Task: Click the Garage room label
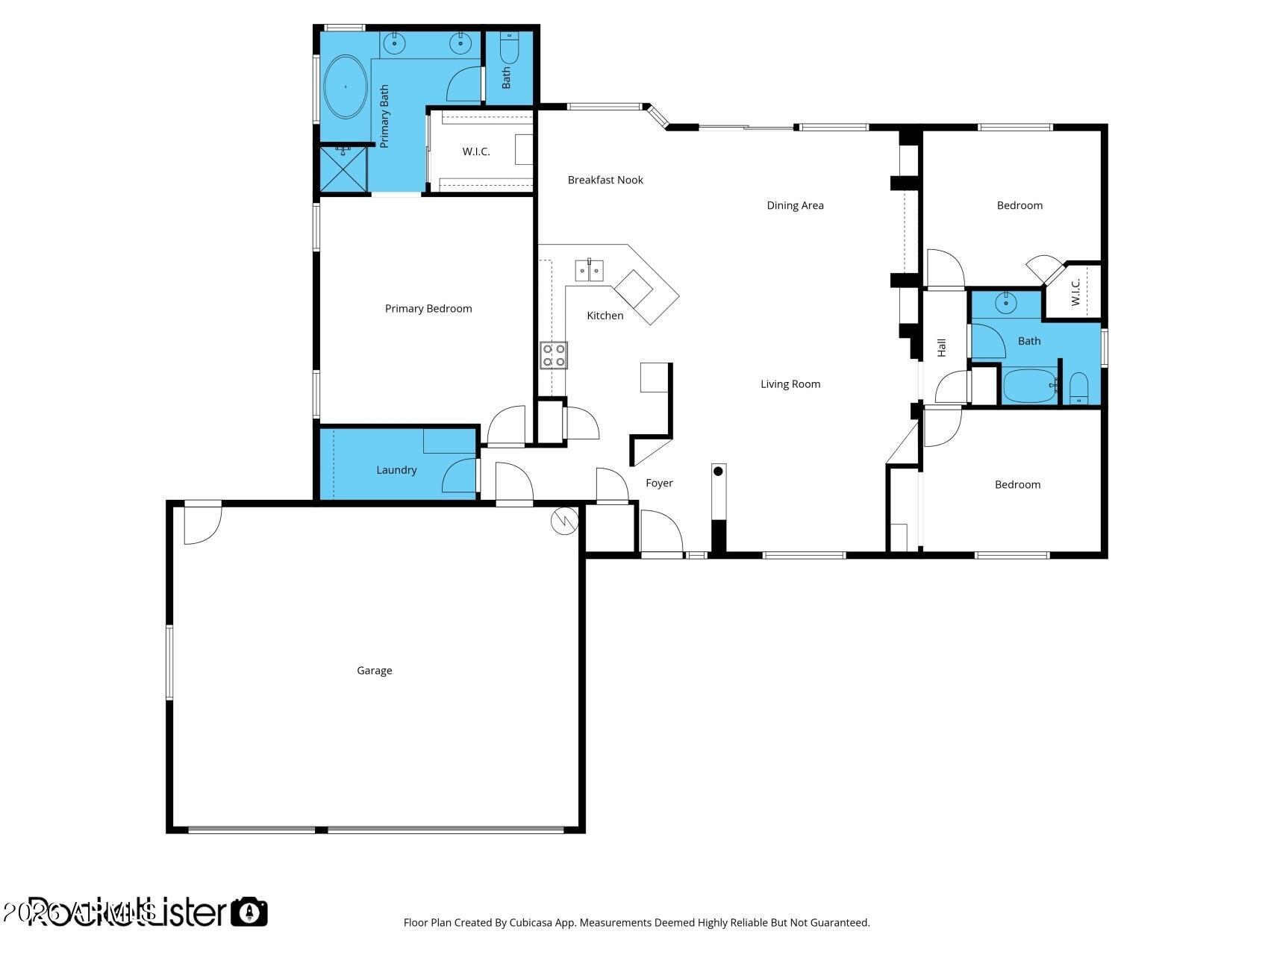click(x=374, y=671)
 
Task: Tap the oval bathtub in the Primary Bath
click(x=345, y=87)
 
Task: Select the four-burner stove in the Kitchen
click(x=554, y=356)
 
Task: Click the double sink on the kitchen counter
click(x=589, y=270)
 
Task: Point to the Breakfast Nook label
click(x=605, y=180)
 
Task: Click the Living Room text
click(x=790, y=384)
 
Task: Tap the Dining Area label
click(x=795, y=205)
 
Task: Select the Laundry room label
click(x=396, y=470)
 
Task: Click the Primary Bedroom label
click(x=428, y=308)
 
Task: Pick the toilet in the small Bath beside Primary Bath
click(x=510, y=49)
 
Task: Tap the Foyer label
click(x=659, y=483)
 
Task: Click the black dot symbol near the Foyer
click(x=718, y=472)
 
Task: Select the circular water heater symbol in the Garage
click(x=564, y=521)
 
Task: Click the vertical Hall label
click(x=941, y=347)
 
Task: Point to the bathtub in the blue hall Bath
click(x=1030, y=386)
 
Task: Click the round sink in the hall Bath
click(x=1006, y=303)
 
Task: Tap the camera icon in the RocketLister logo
click(x=249, y=912)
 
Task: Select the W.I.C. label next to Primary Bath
click(x=475, y=152)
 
